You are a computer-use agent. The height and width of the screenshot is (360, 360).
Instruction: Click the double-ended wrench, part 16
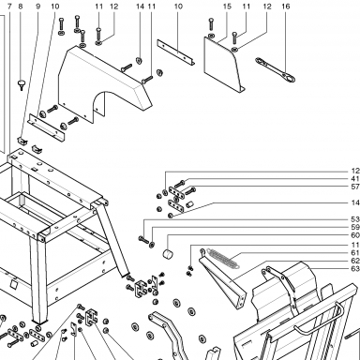[275, 69]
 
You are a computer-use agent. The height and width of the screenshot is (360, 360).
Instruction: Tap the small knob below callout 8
[22, 84]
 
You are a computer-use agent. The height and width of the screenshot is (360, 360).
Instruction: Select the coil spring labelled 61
[223, 258]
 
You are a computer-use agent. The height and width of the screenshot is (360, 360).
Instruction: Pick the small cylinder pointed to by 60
[169, 254]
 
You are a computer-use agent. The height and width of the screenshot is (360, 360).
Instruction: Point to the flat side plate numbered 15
[224, 65]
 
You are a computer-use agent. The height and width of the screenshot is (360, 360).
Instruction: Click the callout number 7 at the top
[9, 7]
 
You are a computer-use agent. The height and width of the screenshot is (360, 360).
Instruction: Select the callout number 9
[38, 7]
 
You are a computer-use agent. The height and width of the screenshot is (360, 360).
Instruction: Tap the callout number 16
[286, 7]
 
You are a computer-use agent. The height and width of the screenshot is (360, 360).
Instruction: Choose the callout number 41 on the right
[355, 179]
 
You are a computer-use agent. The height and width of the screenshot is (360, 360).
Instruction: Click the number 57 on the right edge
[355, 187]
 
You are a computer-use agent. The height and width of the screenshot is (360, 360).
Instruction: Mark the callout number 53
[355, 219]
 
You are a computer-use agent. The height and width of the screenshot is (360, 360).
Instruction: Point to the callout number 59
[355, 227]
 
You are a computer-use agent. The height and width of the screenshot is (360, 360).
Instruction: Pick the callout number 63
[355, 269]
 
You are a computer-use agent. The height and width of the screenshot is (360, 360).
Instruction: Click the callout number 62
[355, 261]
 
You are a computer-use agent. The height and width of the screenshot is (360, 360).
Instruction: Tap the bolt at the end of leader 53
[143, 240]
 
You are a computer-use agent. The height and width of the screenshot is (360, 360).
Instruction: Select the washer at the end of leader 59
[152, 244]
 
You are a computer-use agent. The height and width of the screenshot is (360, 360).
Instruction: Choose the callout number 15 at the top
[227, 7]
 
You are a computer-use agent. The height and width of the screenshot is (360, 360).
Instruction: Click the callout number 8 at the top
[21, 7]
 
